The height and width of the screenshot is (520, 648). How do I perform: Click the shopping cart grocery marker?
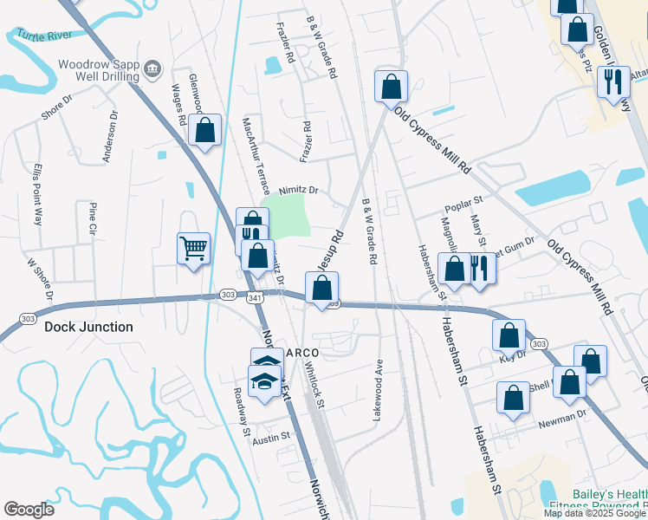[193, 248]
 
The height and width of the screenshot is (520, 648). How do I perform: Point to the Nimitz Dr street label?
[299, 190]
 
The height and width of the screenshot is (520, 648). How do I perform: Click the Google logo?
[29, 510]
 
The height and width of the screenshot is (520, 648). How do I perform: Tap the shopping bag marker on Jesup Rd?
[321, 289]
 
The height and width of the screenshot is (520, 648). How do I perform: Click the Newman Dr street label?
[562, 424]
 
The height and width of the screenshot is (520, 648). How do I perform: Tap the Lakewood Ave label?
[378, 390]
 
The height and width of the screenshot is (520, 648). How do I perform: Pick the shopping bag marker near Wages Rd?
[205, 131]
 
